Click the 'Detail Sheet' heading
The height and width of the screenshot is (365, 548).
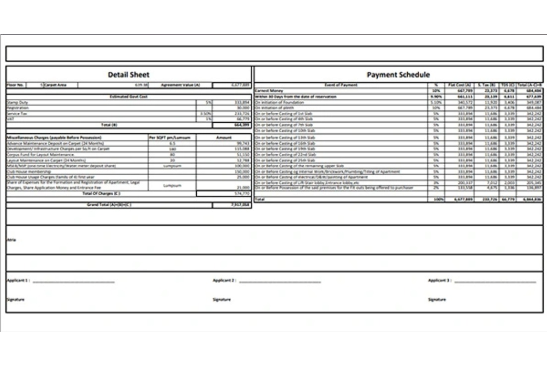click(x=128, y=75)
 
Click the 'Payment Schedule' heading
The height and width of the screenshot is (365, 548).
click(x=398, y=75)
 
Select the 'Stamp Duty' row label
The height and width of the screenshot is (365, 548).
click(x=18, y=103)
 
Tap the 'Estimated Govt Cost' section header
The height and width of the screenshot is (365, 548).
click(x=129, y=97)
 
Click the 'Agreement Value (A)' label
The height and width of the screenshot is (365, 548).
click(x=180, y=85)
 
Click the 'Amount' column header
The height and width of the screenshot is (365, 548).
click(x=224, y=137)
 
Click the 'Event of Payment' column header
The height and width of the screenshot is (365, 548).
click(x=341, y=85)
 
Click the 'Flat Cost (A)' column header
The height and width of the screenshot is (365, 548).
click(x=460, y=85)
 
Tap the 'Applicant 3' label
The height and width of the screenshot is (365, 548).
click(x=440, y=280)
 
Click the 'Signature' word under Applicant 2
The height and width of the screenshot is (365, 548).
click(x=221, y=299)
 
